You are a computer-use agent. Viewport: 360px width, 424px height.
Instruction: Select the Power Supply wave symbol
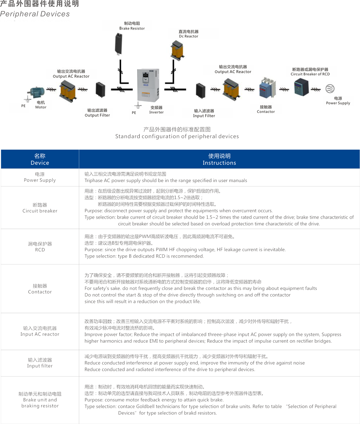pos(330,89)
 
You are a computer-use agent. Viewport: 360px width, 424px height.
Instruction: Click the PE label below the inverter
pos(134,113)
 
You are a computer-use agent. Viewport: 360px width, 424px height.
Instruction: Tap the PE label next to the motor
pos(23,106)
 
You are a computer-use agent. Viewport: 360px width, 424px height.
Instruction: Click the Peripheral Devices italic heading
pos(35,14)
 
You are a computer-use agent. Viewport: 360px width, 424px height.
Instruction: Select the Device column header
pos(40,159)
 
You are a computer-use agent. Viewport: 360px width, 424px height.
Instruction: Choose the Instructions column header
pos(219,159)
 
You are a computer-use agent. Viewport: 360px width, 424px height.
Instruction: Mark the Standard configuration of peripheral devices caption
pos(177,136)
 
